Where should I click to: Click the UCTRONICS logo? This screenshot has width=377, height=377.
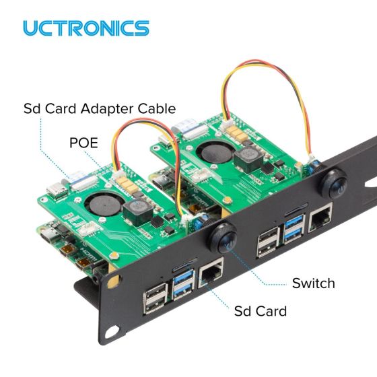click(x=86, y=28)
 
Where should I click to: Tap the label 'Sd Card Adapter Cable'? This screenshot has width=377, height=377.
click(x=100, y=108)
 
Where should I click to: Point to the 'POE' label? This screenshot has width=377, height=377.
click(x=83, y=143)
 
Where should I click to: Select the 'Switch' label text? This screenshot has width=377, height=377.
click(x=314, y=283)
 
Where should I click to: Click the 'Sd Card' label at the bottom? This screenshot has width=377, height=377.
click(x=261, y=311)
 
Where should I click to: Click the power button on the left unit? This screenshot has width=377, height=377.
click(x=224, y=239)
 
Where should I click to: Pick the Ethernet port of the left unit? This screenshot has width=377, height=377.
click(x=211, y=273)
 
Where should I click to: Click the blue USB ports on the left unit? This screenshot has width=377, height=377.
click(x=183, y=285)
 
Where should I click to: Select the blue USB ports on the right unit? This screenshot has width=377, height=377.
click(x=294, y=229)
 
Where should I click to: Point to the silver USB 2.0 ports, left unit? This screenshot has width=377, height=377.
click(x=156, y=298)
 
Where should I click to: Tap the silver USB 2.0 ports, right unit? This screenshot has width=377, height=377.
click(x=269, y=242)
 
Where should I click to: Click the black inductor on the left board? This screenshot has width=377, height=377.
click(x=138, y=212)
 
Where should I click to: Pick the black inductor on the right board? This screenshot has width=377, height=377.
click(x=249, y=160)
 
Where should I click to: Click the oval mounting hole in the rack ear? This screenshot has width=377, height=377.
click(x=112, y=332)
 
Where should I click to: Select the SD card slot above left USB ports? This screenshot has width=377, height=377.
click(x=184, y=264)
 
